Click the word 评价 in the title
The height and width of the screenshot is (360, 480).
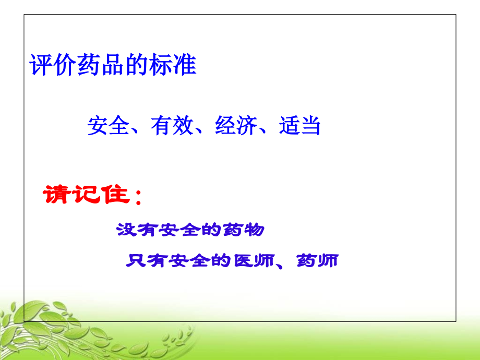[53, 65]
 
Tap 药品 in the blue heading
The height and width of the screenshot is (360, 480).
[101, 65]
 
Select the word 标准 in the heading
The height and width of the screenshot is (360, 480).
[173, 65]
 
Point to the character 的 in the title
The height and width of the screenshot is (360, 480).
[137, 65]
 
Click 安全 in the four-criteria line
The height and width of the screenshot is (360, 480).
[109, 126]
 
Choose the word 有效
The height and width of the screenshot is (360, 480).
[172, 126]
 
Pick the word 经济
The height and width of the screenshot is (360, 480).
[236, 126]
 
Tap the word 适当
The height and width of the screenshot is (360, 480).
[299, 126]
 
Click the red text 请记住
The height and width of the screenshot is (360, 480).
[86, 195]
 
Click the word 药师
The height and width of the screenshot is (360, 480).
[317, 260]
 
